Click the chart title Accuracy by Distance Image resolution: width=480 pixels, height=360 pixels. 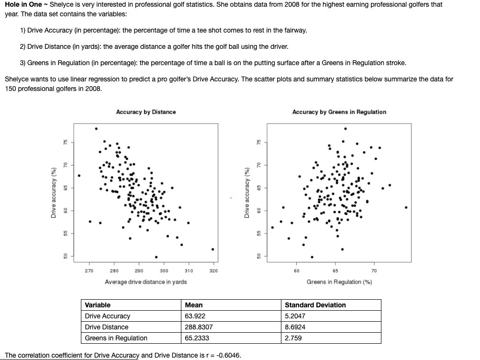(x=146, y=112)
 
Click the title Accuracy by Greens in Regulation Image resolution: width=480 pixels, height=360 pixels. (x=339, y=112)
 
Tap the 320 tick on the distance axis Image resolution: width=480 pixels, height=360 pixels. (x=213, y=271)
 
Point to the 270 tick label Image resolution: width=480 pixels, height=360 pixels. (x=89, y=271)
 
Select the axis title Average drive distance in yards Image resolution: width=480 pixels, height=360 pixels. (x=146, y=282)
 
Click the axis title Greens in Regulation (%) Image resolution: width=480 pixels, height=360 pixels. (x=339, y=282)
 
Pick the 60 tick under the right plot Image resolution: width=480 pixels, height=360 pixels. (x=296, y=271)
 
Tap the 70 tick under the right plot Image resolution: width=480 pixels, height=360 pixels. (x=374, y=271)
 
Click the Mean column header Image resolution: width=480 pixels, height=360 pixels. (x=193, y=305)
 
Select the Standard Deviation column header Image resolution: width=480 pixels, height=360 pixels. (x=315, y=305)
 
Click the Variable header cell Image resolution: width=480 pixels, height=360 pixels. (x=98, y=305)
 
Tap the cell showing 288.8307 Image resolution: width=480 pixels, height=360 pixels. (x=199, y=327)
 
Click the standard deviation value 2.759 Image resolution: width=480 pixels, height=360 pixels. (x=293, y=338)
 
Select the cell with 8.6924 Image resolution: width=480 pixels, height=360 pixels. (x=295, y=327)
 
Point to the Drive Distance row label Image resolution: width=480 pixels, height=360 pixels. (x=107, y=327)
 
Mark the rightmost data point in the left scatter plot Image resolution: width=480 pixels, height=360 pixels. (x=212, y=249)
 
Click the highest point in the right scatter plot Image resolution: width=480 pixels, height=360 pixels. (x=345, y=128)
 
